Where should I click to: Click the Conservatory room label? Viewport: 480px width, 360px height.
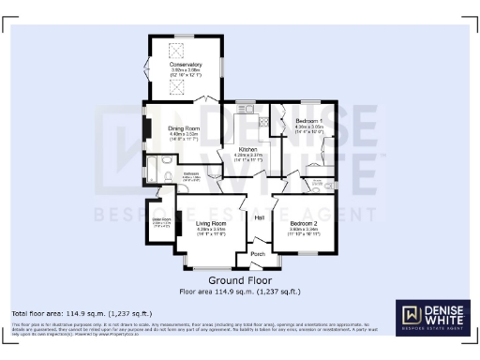tap(186, 64)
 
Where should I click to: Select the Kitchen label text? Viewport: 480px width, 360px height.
tap(247, 150)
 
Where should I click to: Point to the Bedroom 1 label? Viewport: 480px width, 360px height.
tap(309, 122)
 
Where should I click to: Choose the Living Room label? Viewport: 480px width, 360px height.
tap(212, 222)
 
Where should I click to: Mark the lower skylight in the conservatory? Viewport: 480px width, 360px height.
tap(173, 86)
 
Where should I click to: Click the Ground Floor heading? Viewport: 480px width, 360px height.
tap(240, 280)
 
